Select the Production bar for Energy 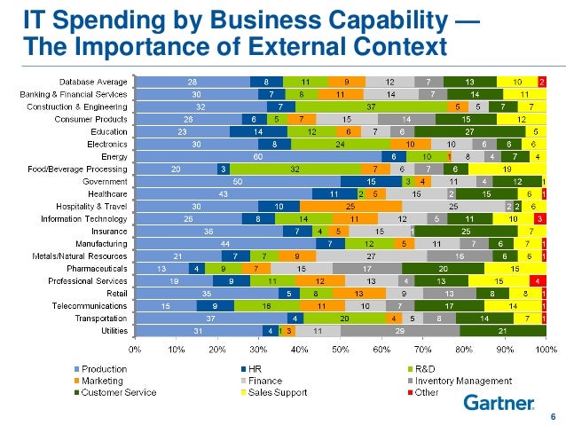click(258, 156)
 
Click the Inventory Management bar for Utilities click(400, 330)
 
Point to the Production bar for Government click(238, 181)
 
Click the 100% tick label click(545, 349)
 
